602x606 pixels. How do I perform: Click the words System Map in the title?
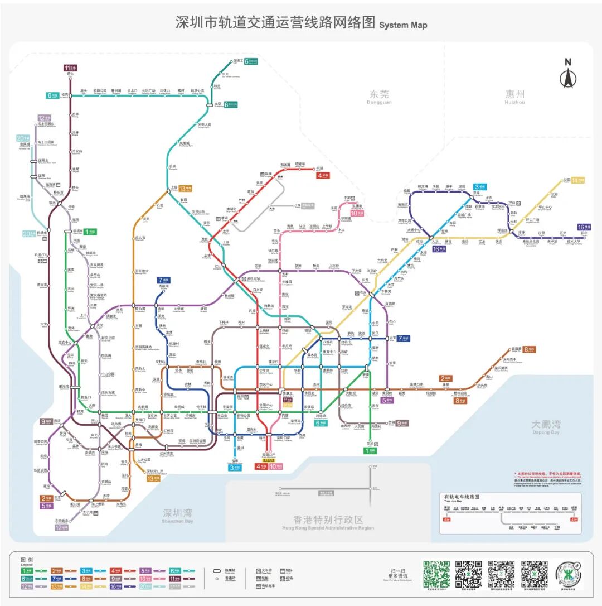403,25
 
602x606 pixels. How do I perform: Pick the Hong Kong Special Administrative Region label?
322,522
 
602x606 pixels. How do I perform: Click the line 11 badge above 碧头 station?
70,68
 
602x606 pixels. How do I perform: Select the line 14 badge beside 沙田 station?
578,180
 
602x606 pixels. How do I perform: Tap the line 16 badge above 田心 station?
584,227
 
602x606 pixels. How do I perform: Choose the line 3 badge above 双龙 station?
480,186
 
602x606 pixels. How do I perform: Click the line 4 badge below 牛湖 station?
323,175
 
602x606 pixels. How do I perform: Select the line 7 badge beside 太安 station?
402,338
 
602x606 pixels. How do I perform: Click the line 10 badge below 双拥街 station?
357,213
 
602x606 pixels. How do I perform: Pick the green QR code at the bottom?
436,574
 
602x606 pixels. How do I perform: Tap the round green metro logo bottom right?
569,573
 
